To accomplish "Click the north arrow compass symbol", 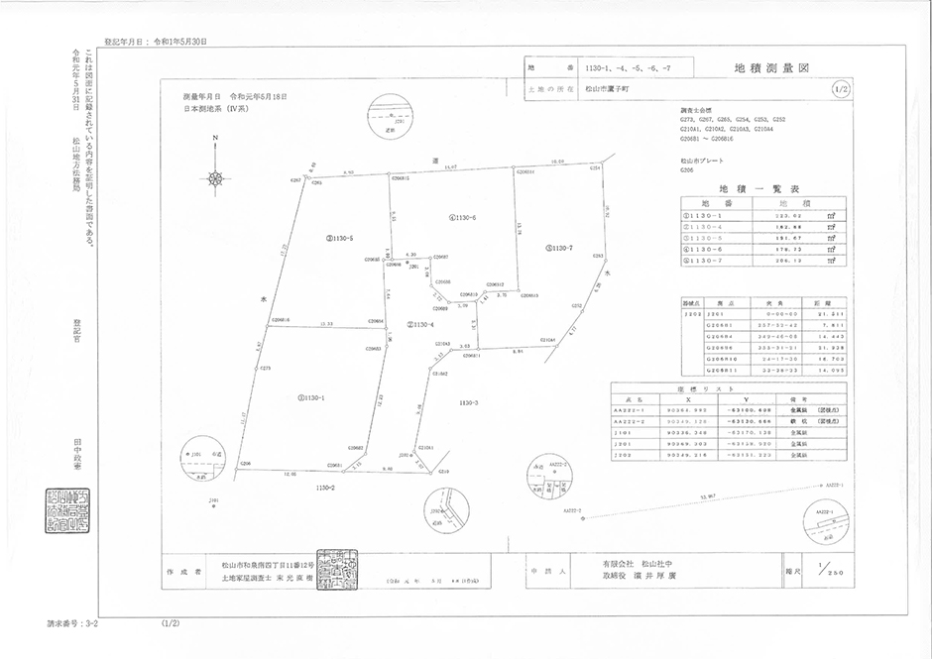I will pyautogui.click(x=215, y=178).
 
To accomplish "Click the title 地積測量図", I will pyautogui.click(x=772, y=69).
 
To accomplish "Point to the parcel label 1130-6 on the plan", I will pyautogui.click(x=463, y=217).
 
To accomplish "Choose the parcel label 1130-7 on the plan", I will pyautogui.click(x=560, y=248).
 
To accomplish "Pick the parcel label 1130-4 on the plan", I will pyautogui.click(x=420, y=325).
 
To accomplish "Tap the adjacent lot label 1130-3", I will pyautogui.click(x=470, y=402).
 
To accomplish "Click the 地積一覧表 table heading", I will pyautogui.click(x=759, y=188).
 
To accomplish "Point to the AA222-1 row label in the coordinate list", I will pyautogui.click(x=630, y=408).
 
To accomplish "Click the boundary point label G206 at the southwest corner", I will pyautogui.click(x=246, y=463).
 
